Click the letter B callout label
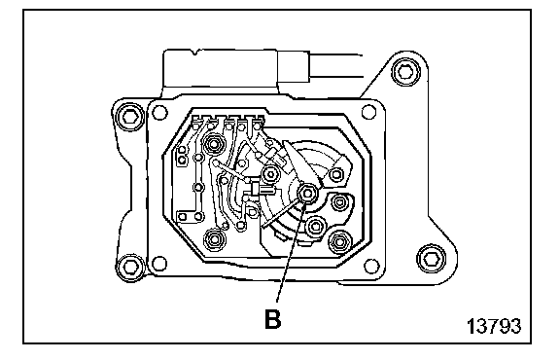pyautogui.click(x=273, y=319)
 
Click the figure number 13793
pyautogui.click(x=494, y=326)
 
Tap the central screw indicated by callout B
pyautogui.click(x=307, y=195)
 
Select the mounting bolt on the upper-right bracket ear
pyautogui.click(x=404, y=71)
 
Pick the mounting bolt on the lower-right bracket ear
pyautogui.click(x=432, y=258)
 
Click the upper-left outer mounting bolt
pyautogui.click(x=129, y=117)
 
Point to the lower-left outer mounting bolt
pyautogui.click(x=130, y=267)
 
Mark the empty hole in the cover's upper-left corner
pyautogui.click(x=158, y=112)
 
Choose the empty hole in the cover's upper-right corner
pyautogui.click(x=369, y=112)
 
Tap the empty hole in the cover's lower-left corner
pyautogui.click(x=159, y=264)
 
